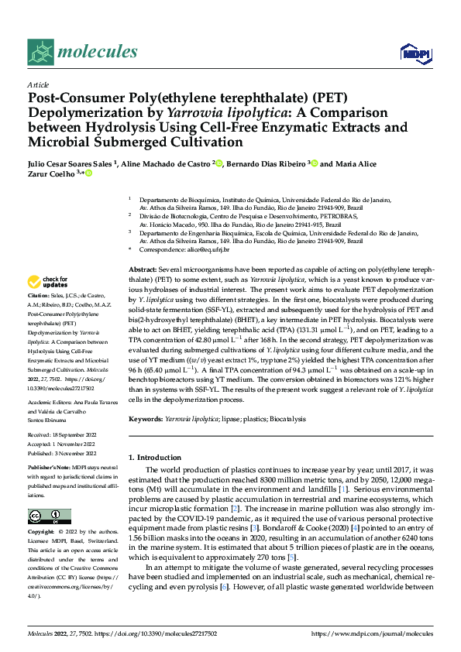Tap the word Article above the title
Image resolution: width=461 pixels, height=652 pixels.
coord(38,84)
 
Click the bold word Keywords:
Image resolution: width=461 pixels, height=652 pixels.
coord(145,419)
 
